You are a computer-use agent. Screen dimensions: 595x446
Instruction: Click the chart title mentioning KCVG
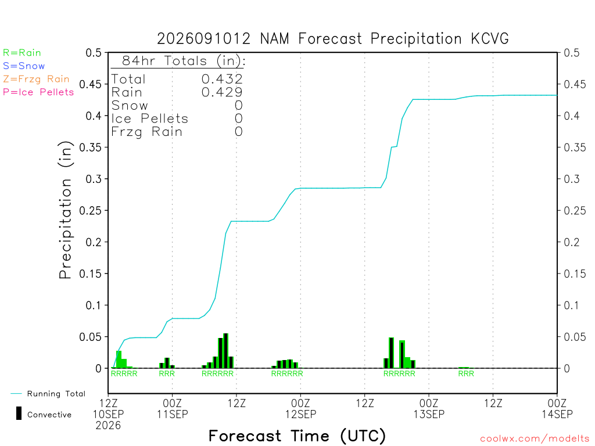coord(332,39)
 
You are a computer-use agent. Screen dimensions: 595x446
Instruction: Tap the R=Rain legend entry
coord(21,53)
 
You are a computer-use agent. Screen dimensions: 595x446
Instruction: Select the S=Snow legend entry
coord(23,66)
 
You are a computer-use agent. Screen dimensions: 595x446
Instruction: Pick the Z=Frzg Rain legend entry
coord(36,79)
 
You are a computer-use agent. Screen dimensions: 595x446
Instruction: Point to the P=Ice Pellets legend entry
coord(38,92)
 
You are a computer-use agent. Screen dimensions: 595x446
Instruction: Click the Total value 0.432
coord(222,79)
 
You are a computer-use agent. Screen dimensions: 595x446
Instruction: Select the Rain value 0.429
coord(222,92)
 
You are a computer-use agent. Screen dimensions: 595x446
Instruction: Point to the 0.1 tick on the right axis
coord(572,305)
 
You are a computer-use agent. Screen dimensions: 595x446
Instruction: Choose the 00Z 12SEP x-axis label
coord(300,408)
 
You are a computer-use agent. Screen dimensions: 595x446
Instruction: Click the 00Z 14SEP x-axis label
coord(557,408)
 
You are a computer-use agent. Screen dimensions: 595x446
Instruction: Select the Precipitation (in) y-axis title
coord(65,210)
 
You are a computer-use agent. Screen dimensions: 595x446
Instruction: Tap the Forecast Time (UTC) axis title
coord(297,436)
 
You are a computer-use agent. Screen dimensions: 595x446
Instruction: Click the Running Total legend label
coord(56,394)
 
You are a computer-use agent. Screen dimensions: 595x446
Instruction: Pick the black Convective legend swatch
coord(19,413)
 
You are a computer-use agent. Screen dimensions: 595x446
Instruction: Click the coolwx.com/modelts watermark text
coord(535,439)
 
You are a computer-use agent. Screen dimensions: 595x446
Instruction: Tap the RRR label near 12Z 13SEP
coord(466,373)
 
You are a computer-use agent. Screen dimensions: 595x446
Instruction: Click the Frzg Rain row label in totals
coord(147,132)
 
